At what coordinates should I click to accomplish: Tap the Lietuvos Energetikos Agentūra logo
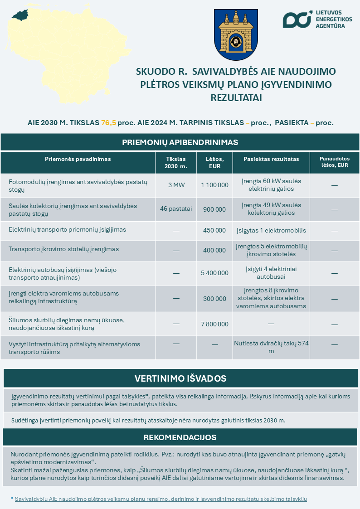point(312,19)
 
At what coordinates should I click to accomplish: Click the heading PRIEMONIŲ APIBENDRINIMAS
point(180,142)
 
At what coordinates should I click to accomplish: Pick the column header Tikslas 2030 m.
point(176,162)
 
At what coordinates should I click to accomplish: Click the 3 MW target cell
point(176,185)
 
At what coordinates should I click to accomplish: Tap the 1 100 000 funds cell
point(214,185)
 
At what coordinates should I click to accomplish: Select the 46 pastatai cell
point(176,209)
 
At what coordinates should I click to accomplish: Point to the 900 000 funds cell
point(214,209)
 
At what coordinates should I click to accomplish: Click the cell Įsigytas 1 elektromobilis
point(271,230)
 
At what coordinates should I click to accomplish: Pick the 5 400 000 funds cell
point(214,273)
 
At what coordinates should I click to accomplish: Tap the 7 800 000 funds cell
point(214,324)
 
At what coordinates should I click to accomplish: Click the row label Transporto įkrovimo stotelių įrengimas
point(64,249)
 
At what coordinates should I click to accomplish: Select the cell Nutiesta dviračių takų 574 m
point(271,347)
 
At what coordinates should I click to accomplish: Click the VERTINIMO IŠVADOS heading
point(180,378)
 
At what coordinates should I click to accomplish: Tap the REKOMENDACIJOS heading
point(180,437)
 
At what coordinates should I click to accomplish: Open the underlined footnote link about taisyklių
point(161,499)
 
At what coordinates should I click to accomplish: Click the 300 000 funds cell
point(214,299)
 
